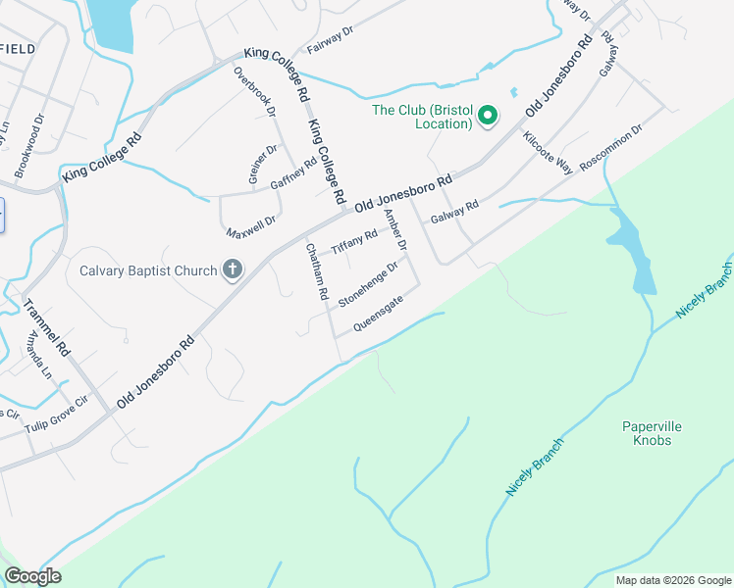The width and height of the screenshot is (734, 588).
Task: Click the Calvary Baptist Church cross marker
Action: pyautogui.click(x=233, y=270)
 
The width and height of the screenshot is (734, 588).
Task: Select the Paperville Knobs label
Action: pyautogui.click(x=652, y=433)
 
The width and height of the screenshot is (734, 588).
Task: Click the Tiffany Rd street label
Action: pyautogui.click(x=354, y=242)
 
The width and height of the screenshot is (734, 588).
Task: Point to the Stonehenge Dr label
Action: pyautogui.click(x=368, y=283)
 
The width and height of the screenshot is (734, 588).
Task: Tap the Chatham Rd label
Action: pyautogui.click(x=316, y=271)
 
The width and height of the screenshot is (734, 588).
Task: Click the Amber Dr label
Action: pyautogui.click(x=394, y=229)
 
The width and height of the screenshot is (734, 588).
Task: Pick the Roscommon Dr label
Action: pyautogui.click(x=610, y=147)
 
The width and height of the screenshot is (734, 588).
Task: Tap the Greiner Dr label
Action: pyautogui.click(x=264, y=165)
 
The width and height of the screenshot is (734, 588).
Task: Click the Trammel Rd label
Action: pyautogui.click(x=48, y=326)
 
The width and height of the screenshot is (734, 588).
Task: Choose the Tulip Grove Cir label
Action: pyautogui.click(x=85, y=402)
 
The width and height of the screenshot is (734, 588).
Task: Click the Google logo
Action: pyautogui.click(x=32, y=576)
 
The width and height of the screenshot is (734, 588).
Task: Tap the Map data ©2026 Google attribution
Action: pyautogui.click(x=673, y=580)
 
